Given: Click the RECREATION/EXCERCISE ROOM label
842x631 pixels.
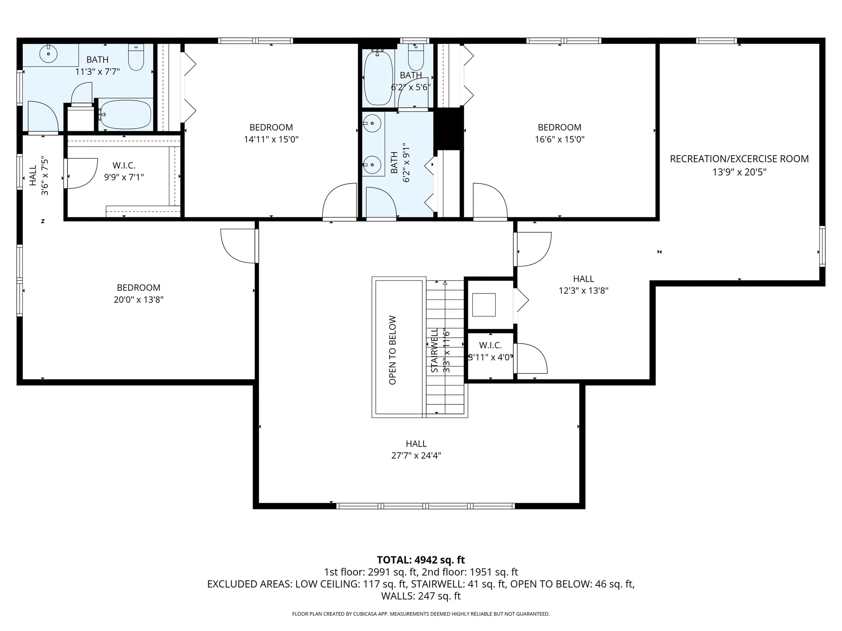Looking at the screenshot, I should (x=739, y=159).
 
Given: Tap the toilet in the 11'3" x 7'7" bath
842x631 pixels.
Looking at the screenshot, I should (x=136, y=57).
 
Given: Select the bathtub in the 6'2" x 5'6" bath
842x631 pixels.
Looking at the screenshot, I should (x=378, y=78).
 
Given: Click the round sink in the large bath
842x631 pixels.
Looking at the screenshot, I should (x=48, y=54).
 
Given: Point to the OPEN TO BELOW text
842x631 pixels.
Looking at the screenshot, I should (x=392, y=350).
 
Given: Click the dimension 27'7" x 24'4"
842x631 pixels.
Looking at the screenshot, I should (x=416, y=456).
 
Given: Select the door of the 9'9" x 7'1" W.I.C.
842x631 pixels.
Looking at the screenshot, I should (x=81, y=174).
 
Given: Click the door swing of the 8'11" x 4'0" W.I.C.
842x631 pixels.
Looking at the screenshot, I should (x=532, y=358).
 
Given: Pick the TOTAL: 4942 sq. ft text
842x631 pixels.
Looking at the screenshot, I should (x=421, y=560).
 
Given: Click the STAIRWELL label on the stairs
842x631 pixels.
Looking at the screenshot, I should (x=435, y=351).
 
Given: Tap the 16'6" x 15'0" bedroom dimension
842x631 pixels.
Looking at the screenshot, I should (x=560, y=140).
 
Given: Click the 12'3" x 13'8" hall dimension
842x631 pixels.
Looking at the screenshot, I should (x=583, y=291).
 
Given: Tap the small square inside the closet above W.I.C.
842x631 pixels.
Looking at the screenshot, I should (x=484, y=305).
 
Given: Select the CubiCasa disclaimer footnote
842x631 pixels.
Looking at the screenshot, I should (x=421, y=614).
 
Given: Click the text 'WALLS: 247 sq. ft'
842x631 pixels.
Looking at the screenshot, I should (x=421, y=596).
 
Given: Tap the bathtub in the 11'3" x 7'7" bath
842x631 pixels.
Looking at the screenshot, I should (x=125, y=115).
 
